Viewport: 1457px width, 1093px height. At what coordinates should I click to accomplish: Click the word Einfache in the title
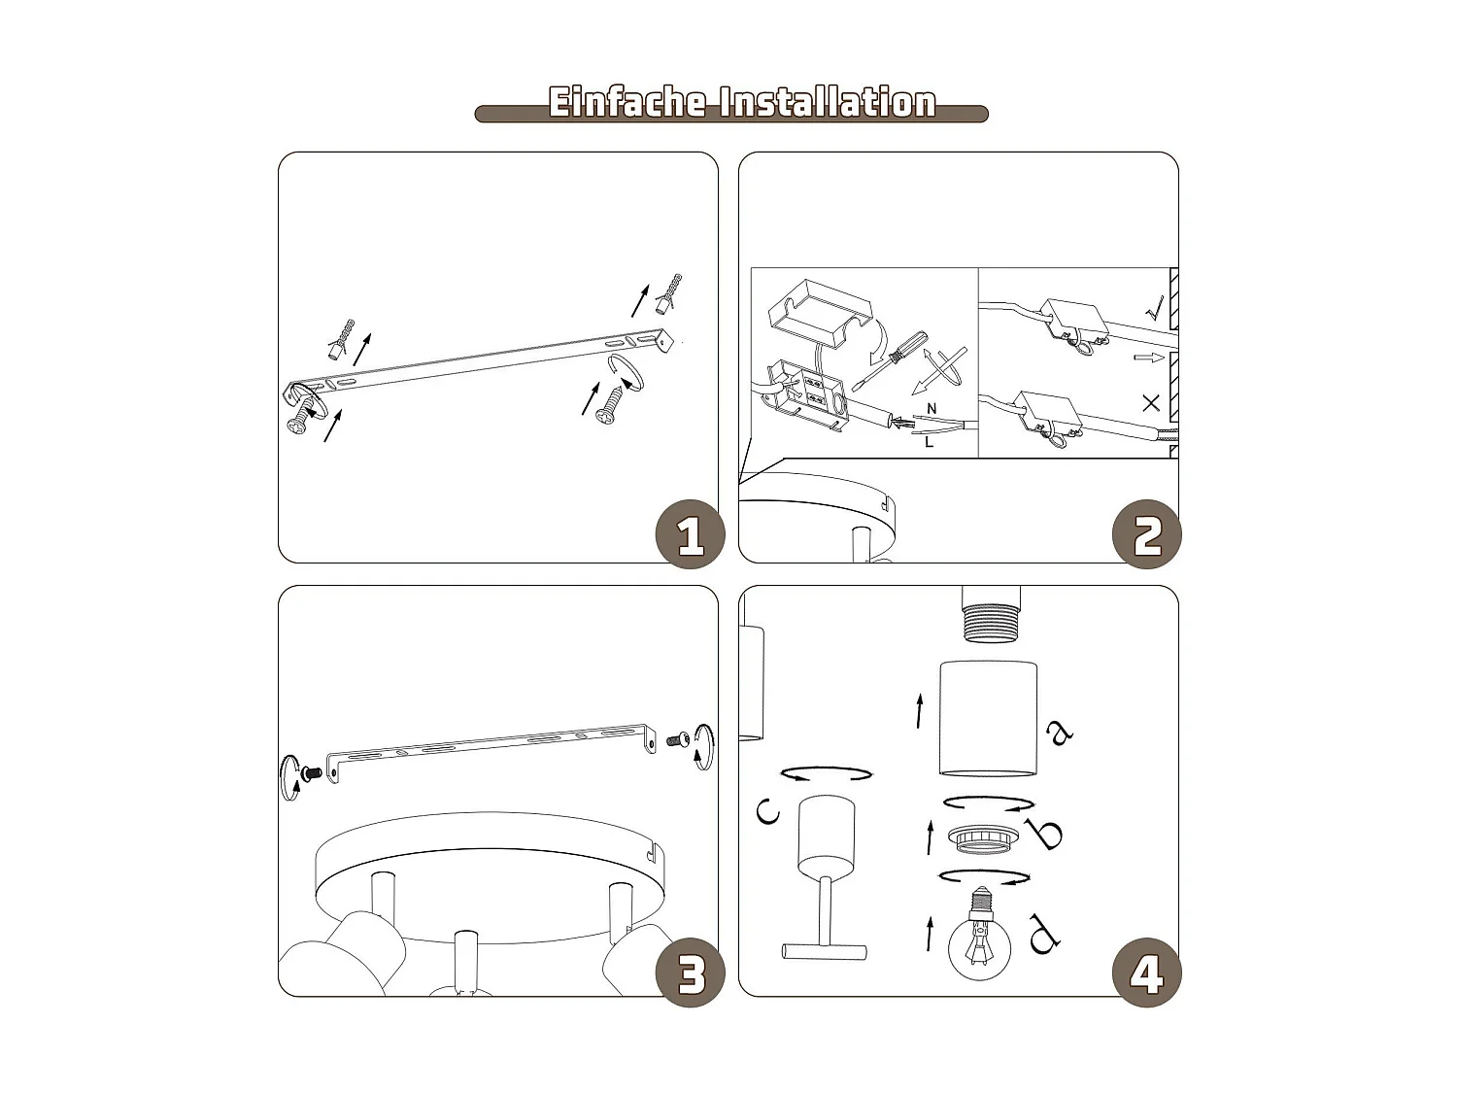click(627, 102)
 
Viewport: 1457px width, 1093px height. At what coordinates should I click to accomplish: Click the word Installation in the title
click(827, 102)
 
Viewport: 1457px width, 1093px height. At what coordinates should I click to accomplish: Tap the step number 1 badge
click(690, 535)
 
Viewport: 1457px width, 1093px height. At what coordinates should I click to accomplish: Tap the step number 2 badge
click(1147, 535)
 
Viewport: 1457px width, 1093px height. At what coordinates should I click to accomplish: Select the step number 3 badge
click(690, 973)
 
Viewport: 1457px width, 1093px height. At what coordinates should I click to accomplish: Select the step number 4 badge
click(1147, 973)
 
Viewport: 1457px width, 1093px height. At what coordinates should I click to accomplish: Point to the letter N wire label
click(932, 409)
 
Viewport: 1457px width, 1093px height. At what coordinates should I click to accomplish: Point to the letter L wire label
click(929, 442)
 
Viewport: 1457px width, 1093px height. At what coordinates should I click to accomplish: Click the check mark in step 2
click(1154, 310)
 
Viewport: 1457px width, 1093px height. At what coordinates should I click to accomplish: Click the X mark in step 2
click(1151, 402)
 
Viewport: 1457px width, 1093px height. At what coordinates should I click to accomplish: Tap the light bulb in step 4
click(979, 939)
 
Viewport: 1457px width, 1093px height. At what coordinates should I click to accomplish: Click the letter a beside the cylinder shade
click(1060, 732)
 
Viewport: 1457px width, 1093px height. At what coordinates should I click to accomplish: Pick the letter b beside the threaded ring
click(1047, 834)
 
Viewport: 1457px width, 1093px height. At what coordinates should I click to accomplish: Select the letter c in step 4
click(767, 808)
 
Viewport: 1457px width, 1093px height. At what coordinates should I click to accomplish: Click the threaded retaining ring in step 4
click(985, 837)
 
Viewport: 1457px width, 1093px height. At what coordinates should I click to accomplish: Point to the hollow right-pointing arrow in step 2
click(1148, 358)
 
